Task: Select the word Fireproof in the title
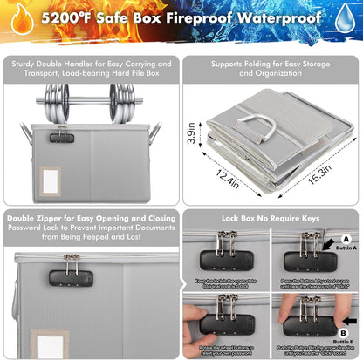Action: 206,18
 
